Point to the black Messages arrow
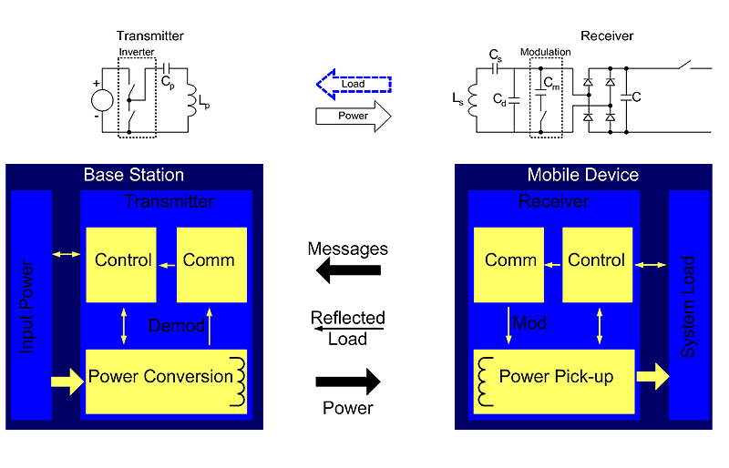347,270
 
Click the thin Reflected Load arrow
347,329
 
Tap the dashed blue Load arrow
354,85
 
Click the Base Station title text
134,175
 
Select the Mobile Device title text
583,175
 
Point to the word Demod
176,325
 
